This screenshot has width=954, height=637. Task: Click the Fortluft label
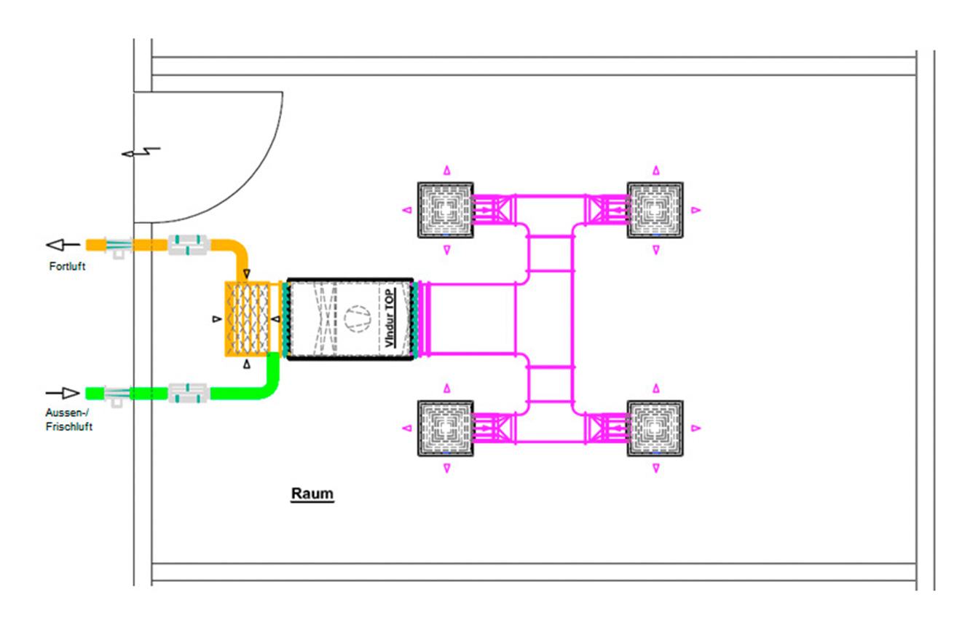click(67, 267)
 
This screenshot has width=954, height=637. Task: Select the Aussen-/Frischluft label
click(68, 420)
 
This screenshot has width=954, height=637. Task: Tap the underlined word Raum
click(312, 493)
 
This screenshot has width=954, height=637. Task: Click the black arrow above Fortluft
click(63, 245)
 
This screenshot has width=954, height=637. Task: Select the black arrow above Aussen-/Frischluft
click(63, 393)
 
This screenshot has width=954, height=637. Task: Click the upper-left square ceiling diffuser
click(446, 210)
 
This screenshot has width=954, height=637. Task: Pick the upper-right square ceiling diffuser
click(655, 210)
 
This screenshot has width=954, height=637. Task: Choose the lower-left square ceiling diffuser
click(446, 428)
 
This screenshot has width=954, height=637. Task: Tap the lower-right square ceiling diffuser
click(655, 428)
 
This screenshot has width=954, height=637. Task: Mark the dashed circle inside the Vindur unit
click(358, 318)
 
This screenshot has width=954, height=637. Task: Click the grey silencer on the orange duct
click(188, 245)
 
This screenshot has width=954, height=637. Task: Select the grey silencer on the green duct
click(188, 393)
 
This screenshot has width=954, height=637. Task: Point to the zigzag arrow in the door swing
click(141, 152)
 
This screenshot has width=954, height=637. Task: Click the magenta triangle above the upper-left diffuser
click(446, 171)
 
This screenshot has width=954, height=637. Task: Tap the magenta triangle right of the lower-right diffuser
click(695, 428)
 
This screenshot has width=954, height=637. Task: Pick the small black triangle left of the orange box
click(217, 319)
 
